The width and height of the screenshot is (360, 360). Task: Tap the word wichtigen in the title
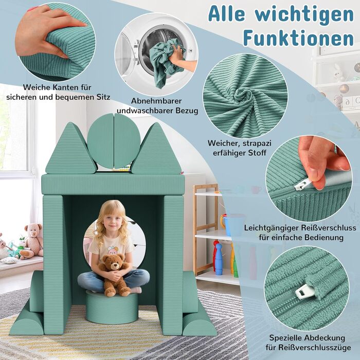click(x=304, y=14)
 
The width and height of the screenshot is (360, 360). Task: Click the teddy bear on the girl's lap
click(x=114, y=275)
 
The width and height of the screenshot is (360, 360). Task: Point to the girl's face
click(x=112, y=222)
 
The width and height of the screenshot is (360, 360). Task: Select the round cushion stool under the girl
click(x=112, y=307)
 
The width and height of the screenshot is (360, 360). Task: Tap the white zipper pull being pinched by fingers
click(x=302, y=184)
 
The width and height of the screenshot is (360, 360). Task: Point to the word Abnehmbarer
click(x=156, y=101)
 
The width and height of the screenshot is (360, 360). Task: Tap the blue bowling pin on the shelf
click(x=219, y=259)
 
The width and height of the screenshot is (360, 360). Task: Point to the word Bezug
click(x=187, y=111)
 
